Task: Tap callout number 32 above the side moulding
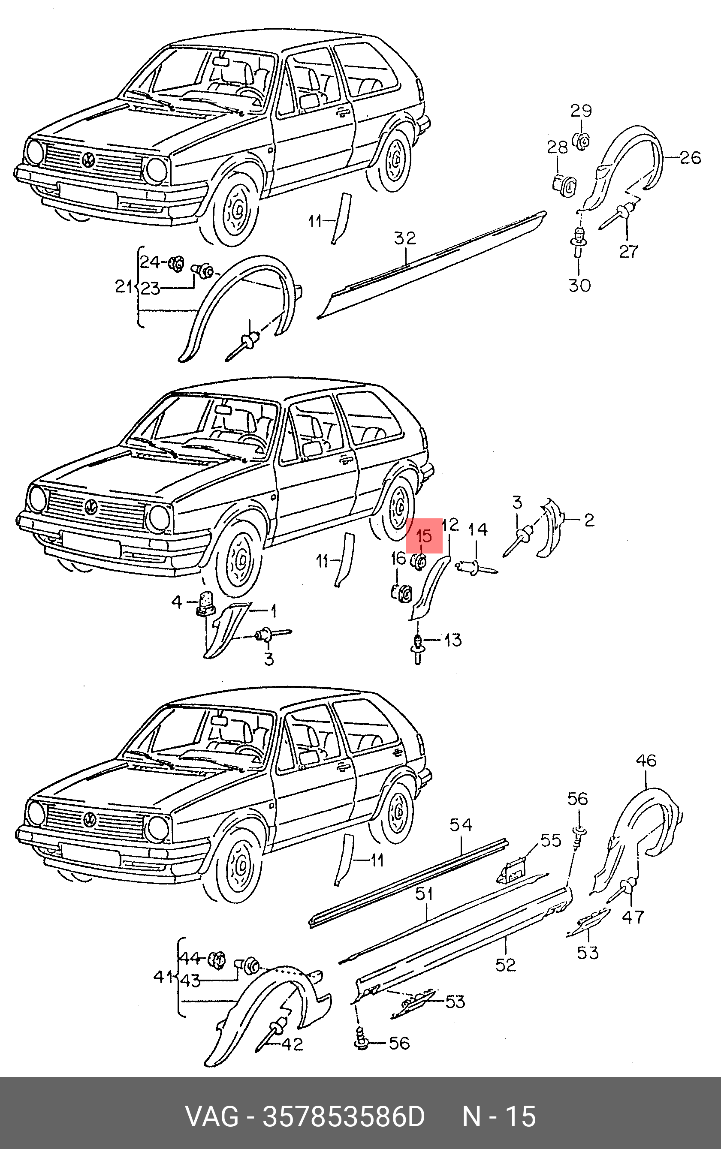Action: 405,238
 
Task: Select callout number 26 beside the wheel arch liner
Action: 690,158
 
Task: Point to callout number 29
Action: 581,111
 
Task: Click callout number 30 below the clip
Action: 579,286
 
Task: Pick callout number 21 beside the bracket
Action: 124,286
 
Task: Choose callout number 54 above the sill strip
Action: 461,825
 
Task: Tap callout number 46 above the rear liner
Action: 646,760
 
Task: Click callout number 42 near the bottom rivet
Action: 292,1044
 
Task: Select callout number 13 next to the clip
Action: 452,640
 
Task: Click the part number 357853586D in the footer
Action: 343,1116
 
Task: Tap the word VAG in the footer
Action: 211,1116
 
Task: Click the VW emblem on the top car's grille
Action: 89,159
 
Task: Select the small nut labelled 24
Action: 177,262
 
